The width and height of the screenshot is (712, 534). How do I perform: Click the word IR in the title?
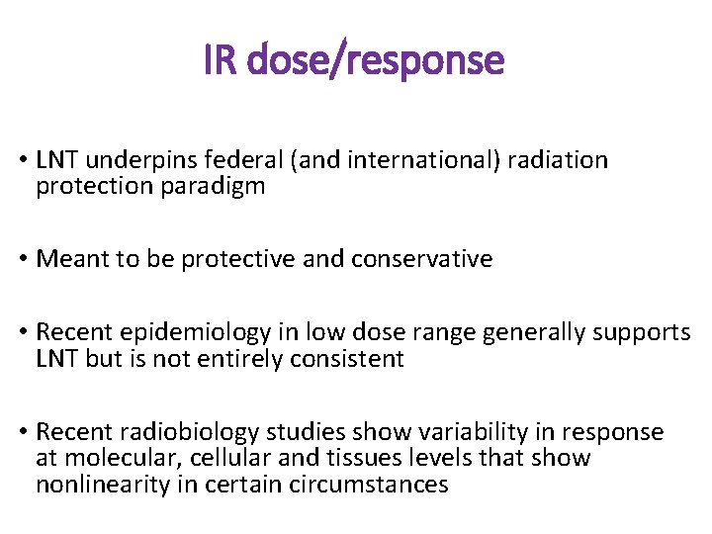click(221, 61)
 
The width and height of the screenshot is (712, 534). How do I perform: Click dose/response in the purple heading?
click(376, 61)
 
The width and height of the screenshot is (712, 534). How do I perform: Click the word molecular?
click(115, 458)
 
